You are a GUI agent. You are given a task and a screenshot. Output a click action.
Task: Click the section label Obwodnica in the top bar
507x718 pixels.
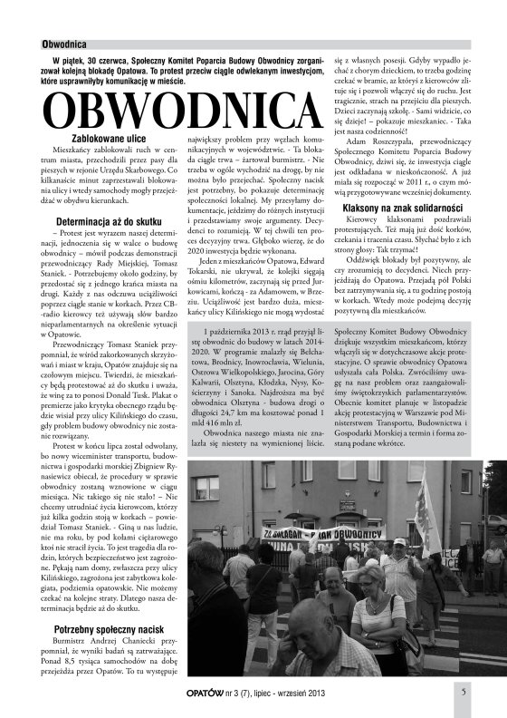64,43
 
